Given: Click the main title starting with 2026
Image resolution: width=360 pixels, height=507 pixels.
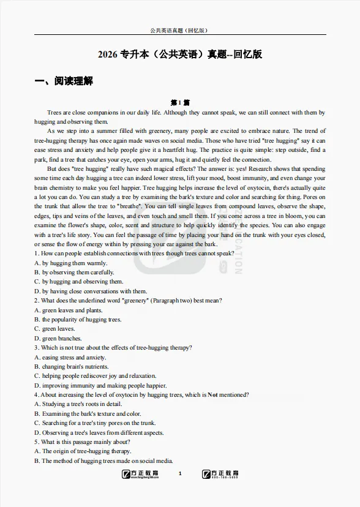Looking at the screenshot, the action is click(x=180, y=54).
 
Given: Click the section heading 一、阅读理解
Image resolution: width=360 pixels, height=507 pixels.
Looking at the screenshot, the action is click(x=64, y=81).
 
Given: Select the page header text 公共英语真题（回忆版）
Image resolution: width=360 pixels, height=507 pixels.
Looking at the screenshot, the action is click(x=180, y=30).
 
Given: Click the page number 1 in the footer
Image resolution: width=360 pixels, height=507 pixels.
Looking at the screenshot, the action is click(x=180, y=474).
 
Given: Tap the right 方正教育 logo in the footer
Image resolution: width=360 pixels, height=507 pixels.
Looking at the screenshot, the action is click(x=220, y=474).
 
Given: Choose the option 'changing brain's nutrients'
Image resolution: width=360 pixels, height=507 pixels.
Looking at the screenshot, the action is click(x=70, y=366).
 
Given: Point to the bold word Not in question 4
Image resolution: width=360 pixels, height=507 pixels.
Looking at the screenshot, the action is click(x=212, y=395).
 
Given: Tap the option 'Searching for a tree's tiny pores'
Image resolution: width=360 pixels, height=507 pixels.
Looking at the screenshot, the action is click(x=95, y=423).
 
